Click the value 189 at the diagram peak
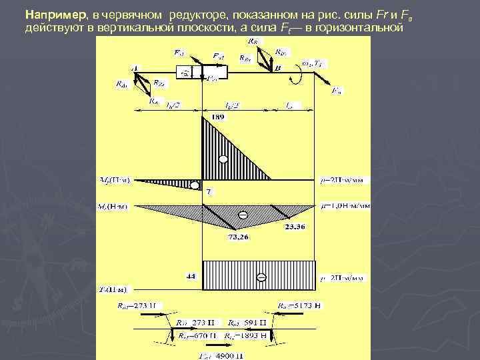pyautogui.click(x=217, y=117)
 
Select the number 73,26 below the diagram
pyautogui.click(x=239, y=237)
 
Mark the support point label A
pyautogui.click(x=135, y=68)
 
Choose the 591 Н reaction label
pyautogui.click(x=245, y=322)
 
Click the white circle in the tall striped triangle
pyautogui.click(x=223, y=159)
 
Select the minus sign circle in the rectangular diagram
pyautogui.click(x=261, y=277)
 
